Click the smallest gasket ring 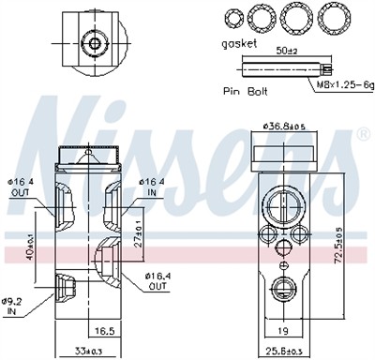coord(232,19)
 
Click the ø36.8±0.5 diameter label coord(284,127)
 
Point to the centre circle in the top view coord(93,43)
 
